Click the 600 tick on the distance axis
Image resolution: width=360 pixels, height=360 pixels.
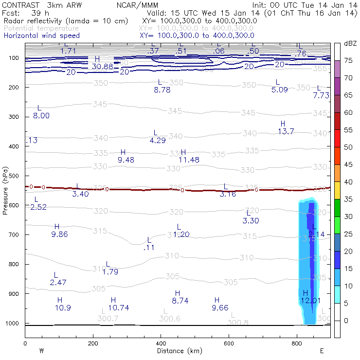[x=229, y=343]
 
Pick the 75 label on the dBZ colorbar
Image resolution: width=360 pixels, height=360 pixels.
[x=348, y=60]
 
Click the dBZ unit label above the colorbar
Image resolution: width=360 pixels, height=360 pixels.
[x=350, y=44]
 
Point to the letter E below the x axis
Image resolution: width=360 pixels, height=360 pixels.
[x=322, y=350]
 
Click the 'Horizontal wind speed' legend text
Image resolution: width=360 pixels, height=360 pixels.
[x=42, y=36]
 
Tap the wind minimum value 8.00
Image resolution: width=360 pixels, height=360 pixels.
[x=41, y=116]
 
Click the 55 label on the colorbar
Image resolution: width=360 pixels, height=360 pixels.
[x=348, y=130]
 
